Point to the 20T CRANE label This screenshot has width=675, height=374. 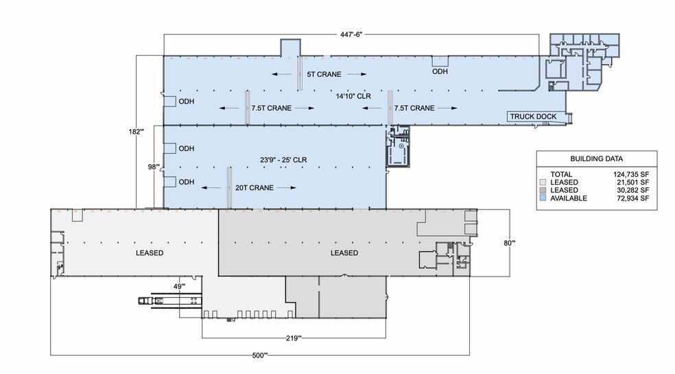point(248,187)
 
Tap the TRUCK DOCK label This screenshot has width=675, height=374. point(533,117)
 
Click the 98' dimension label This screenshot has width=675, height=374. point(153,166)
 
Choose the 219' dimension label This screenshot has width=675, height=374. point(294,338)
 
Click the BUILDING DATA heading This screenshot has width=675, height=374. point(595,158)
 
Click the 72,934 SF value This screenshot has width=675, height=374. point(632,198)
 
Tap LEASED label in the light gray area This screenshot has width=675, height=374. point(149,253)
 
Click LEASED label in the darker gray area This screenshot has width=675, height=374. point(344,253)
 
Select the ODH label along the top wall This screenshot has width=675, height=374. point(440,71)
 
